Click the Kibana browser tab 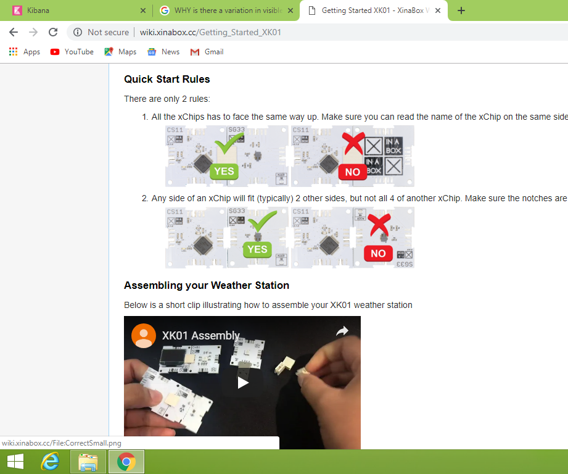38,10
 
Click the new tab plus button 461,10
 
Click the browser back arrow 14,32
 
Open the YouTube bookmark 72,52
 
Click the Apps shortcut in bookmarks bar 25,52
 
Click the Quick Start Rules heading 167,79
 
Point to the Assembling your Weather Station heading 207,285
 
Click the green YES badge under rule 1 224,171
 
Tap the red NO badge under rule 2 378,253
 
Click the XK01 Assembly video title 200,336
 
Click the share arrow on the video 342,331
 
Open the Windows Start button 15,461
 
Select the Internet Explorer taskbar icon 50,461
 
